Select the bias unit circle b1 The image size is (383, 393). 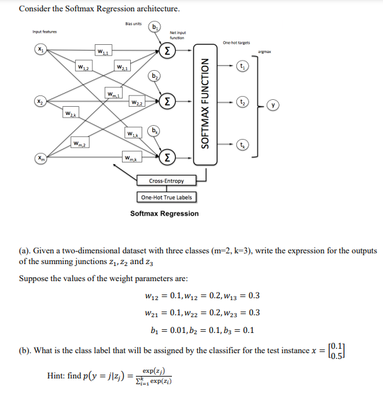(x=155, y=27)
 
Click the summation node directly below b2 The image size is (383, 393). (x=167, y=101)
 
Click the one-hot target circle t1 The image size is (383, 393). (x=242, y=66)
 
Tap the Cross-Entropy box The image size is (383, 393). (x=166, y=181)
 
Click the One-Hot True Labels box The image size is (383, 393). (x=166, y=196)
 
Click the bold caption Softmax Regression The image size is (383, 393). (x=164, y=214)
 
